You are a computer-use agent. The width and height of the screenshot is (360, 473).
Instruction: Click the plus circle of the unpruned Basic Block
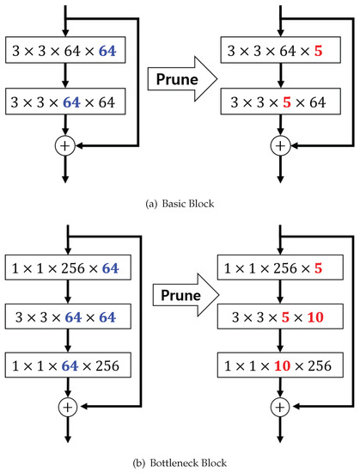pyautogui.click(x=66, y=145)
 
